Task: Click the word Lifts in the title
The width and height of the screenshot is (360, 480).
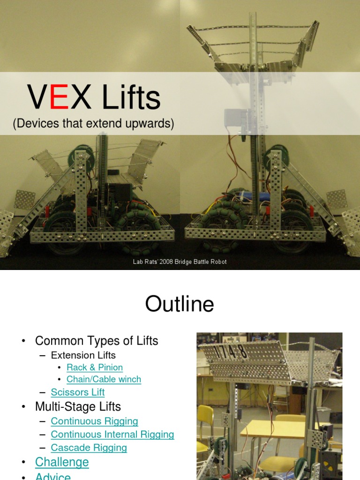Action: click(x=131, y=97)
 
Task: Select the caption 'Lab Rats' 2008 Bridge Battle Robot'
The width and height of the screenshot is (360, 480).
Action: click(x=180, y=262)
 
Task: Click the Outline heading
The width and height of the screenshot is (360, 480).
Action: click(x=180, y=304)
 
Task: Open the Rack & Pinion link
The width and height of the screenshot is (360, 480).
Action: click(x=95, y=367)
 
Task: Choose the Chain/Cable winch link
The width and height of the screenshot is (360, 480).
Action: click(x=104, y=379)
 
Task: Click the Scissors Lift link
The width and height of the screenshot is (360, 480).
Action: click(x=77, y=392)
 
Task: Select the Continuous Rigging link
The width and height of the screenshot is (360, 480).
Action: click(x=94, y=421)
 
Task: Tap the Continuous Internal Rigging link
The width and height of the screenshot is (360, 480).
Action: click(x=112, y=435)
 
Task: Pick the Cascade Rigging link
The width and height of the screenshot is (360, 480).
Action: click(x=89, y=448)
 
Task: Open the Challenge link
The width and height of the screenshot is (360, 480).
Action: click(x=62, y=462)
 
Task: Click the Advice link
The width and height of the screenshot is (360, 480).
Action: click(x=53, y=476)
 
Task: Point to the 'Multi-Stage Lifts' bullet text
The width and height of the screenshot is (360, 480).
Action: click(x=78, y=406)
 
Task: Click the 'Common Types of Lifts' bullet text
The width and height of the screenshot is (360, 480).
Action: click(x=97, y=341)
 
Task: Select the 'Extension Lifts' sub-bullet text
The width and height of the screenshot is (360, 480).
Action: click(x=83, y=355)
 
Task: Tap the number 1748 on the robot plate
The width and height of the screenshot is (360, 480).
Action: click(x=230, y=352)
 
